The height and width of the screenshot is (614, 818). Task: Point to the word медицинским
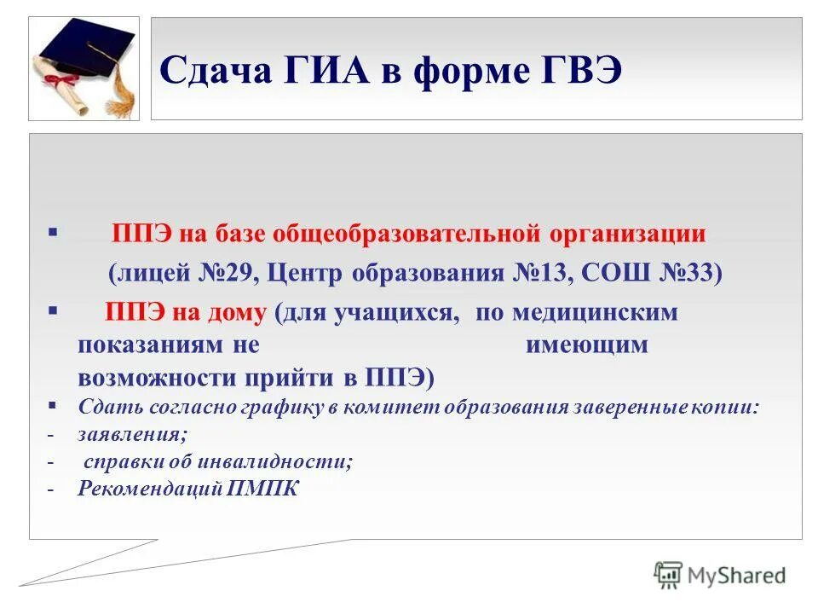click(596, 312)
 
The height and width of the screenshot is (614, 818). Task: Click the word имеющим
click(587, 345)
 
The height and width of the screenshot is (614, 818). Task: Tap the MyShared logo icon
click(668, 575)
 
